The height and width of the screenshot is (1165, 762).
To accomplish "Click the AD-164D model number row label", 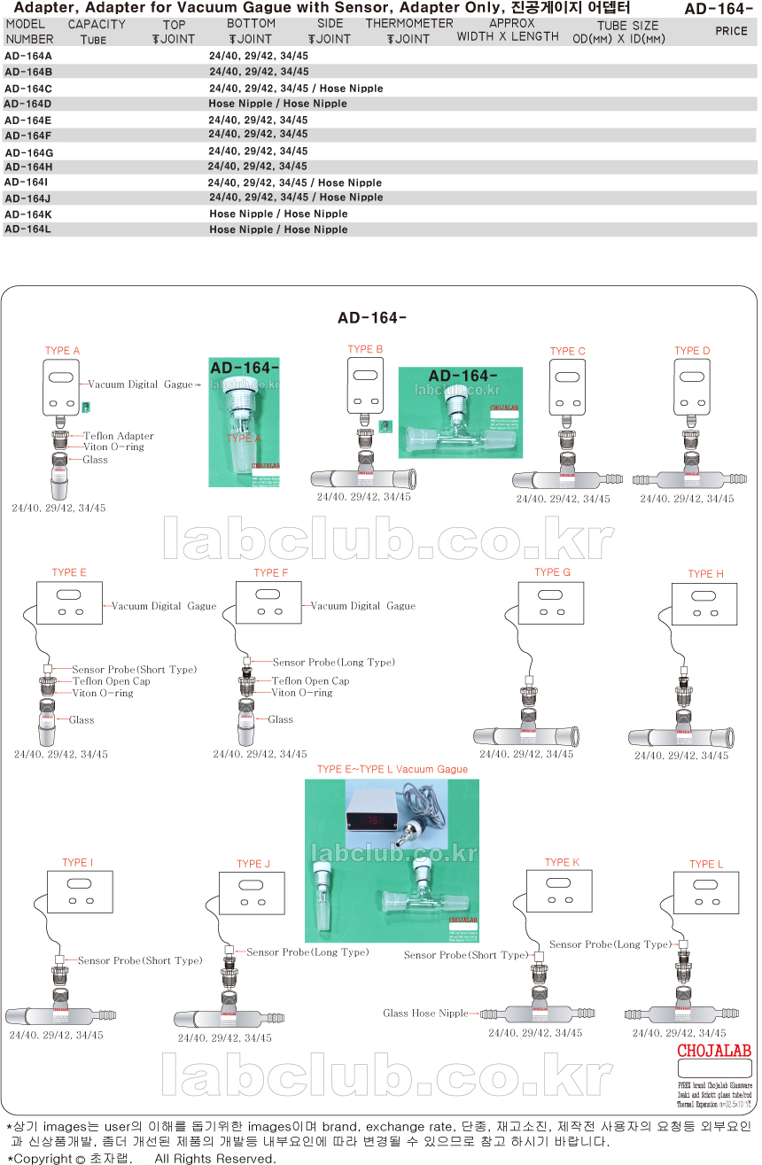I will point(28,104).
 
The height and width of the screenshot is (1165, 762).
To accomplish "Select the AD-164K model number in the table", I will point(28,214).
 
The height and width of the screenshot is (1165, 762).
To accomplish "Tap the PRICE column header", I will point(731,31).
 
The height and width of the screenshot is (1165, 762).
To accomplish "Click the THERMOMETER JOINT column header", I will point(409,31).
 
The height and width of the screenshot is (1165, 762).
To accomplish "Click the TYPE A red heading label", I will point(63,352).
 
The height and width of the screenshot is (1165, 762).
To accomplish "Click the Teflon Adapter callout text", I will point(119,436).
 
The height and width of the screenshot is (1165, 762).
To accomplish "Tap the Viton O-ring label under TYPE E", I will point(103,694).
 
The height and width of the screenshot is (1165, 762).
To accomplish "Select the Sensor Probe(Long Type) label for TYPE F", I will point(333,663).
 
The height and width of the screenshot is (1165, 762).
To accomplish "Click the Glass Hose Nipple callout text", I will point(425,1014).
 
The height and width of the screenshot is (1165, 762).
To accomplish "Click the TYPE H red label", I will point(705,574).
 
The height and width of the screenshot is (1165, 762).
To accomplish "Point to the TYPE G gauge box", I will point(550,602).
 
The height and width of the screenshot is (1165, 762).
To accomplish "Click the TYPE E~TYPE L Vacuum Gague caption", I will point(392,770).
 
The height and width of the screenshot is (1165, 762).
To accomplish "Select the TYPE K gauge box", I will point(559,890).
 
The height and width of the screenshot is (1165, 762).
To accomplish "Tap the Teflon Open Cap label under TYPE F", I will point(310,681).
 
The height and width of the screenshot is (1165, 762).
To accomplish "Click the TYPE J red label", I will point(253,865).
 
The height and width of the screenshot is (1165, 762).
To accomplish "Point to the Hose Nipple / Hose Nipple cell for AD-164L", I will point(278,230).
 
